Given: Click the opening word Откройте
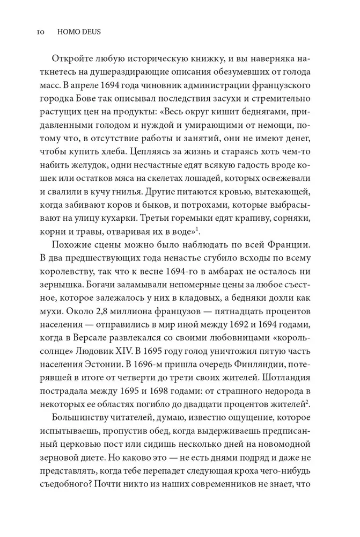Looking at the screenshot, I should [70, 59].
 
